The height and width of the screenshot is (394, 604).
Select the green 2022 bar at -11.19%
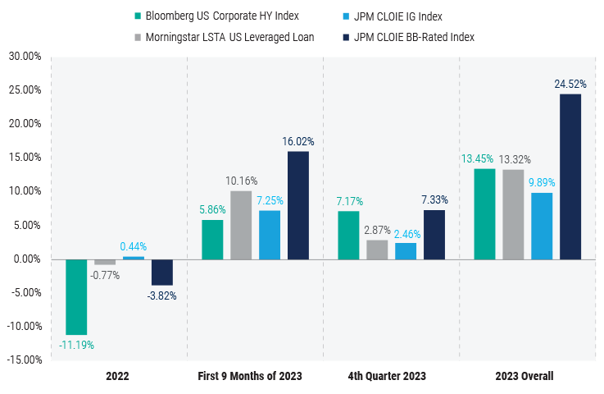tap(76, 296)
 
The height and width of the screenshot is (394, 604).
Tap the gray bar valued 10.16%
tap(241, 225)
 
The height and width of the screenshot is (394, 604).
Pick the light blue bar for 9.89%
tap(542, 226)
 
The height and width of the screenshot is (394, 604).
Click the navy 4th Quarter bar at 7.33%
tap(434, 234)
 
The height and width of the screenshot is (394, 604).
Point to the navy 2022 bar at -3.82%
tap(162, 272)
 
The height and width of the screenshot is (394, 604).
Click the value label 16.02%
tap(298, 141)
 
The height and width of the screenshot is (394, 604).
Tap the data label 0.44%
tap(134, 246)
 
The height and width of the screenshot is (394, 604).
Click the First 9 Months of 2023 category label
tap(250, 377)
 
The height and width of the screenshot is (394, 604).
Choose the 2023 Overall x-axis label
tap(525, 377)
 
